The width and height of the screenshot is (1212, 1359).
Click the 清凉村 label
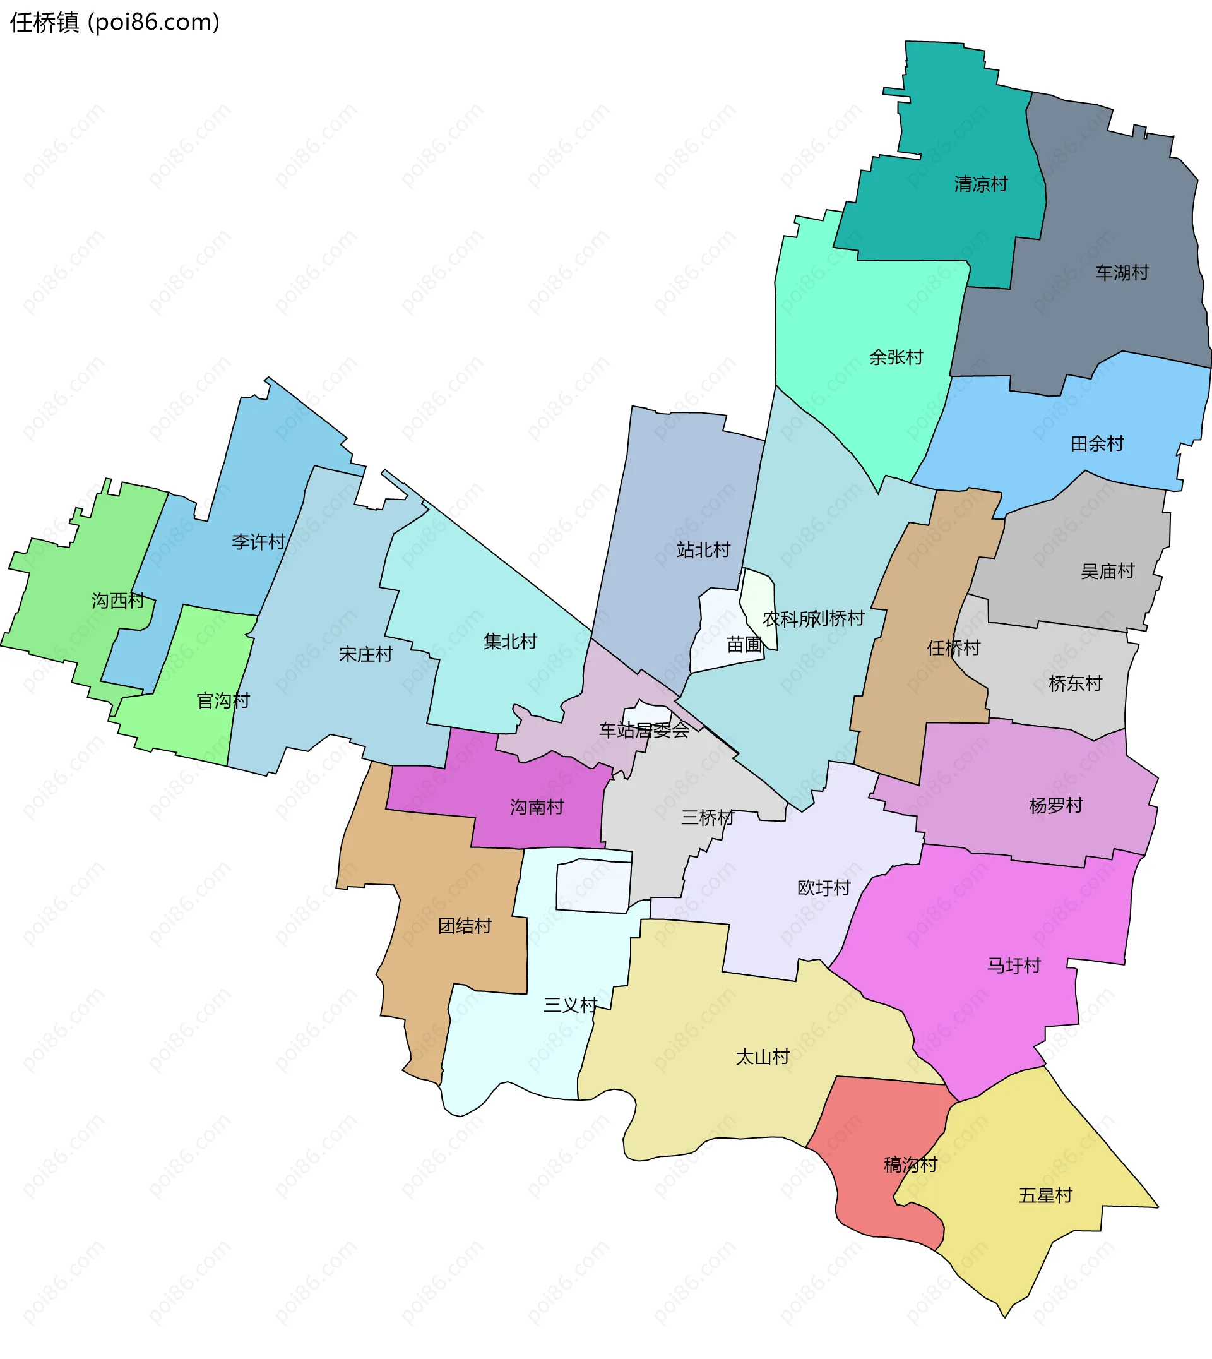(980, 184)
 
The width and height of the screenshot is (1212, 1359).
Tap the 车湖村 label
(1122, 272)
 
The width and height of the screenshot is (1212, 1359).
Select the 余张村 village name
(896, 357)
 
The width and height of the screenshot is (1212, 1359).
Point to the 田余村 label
(1096, 443)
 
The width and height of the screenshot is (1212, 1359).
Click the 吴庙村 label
(1107, 571)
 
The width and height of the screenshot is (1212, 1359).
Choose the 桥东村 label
(1075, 683)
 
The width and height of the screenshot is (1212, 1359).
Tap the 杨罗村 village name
(1055, 805)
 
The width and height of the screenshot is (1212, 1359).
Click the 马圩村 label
(1014, 966)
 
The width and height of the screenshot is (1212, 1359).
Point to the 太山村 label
(762, 1057)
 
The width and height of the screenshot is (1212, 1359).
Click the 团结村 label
(464, 925)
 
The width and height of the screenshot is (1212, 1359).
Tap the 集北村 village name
(510, 642)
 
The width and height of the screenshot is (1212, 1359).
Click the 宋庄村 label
(365, 654)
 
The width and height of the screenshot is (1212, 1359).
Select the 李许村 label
(258, 542)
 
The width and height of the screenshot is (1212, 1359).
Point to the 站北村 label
(703, 549)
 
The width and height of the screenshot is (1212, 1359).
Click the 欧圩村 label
(824, 887)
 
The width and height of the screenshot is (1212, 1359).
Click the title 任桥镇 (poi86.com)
(114, 23)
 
